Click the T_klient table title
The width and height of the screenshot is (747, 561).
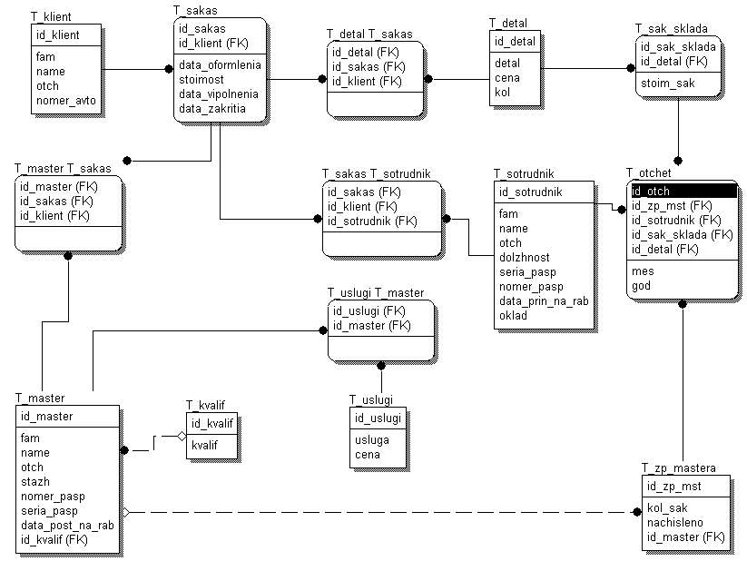(x=51, y=17)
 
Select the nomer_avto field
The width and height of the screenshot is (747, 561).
(x=65, y=101)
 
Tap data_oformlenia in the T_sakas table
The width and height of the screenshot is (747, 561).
(x=220, y=65)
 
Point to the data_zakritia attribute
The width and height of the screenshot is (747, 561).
(x=211, y=108)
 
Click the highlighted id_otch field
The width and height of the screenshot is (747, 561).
(x=651, y=192)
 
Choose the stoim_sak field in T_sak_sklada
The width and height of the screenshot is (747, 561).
(x=667, y=84)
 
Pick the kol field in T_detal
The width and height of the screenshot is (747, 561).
(x=502, y=92)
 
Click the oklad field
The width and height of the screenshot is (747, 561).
(x=513, y=316)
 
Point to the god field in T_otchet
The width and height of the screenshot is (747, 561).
(x=641, y=286)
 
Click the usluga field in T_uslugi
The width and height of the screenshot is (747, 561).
(x=372, y=440)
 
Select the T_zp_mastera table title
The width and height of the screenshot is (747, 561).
(x=678, y=468)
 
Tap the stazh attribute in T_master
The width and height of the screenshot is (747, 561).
(x=34, y=482)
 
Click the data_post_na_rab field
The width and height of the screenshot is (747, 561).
(x=67, y=526)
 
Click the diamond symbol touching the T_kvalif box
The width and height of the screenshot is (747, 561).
(x=182, y=437)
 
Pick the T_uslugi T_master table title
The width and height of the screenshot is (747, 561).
(x=375, y=292)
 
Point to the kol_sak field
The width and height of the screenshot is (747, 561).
(x=667, y=508)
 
